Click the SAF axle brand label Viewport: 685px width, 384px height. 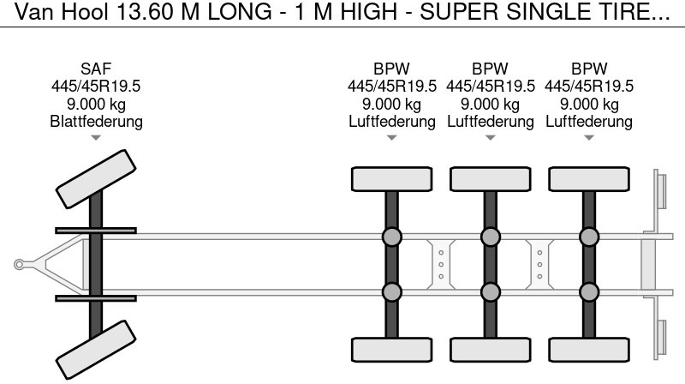[96, 69]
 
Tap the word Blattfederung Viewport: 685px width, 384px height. [96, 122]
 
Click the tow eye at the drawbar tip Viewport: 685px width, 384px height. [19, 265]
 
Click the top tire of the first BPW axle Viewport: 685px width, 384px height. [391, 179]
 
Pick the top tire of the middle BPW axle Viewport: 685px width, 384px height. [490, 179]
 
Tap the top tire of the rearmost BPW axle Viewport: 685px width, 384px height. [588, 179]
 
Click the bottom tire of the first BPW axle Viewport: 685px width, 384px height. [391, 350]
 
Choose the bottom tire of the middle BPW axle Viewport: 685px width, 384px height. [490, 350]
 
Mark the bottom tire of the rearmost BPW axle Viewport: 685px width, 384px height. [588, 350]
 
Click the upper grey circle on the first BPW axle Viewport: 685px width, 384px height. [391, 237]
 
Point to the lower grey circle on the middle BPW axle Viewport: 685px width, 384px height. [490, 292]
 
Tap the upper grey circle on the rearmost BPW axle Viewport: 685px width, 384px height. [588, 237]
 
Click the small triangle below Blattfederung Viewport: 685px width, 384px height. [96, 138]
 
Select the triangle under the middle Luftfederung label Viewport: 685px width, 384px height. [490, 138]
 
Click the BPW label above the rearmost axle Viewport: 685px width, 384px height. [588, 69]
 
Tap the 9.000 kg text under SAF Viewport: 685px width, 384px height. [96, 105]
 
